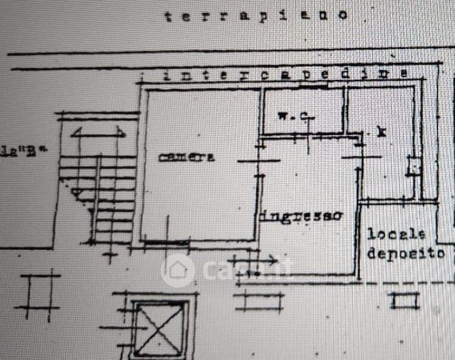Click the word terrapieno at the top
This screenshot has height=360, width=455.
(256, 15)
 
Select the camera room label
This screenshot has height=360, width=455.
(186, 157)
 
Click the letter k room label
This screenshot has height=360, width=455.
(379, 132)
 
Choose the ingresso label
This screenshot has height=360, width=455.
(301, 215)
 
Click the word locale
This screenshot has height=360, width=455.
(396, 235)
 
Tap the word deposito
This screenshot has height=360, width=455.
(406, 254)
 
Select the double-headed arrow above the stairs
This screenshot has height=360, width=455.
(98, 133)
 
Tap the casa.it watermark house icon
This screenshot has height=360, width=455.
(177, 270)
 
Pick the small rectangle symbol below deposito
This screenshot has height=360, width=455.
(404, 300)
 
